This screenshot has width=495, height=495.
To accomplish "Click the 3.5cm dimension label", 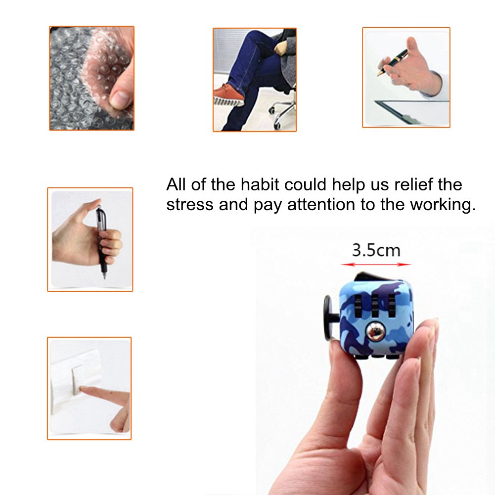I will (376, 250).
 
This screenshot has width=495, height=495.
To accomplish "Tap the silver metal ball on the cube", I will (376, 331).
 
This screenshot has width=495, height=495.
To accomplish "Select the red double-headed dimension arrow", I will (376, 264).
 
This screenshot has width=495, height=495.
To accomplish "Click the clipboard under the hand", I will (410, 112).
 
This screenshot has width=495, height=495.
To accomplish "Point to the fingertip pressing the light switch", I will (82, 391).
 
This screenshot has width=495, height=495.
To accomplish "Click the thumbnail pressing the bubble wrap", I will (119, 98).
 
